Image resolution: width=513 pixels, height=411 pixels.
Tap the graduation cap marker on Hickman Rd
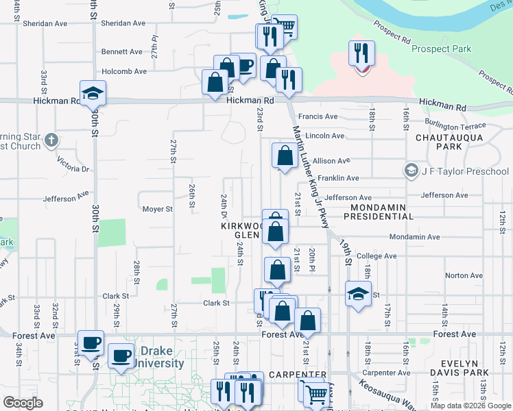pyautogui.click(x=93, y=93)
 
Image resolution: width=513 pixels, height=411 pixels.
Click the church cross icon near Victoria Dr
pyautogui.click(x=51, y=141)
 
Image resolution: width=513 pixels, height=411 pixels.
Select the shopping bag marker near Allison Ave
pyautogui.click(x=284, y=155)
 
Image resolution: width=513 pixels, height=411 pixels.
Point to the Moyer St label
pyautogui.click(x=156, y=209)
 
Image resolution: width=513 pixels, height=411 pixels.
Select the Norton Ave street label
pyautogui.click(x=460, y=275)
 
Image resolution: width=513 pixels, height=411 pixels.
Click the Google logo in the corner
pyautogui.click(x=23, y=402)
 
